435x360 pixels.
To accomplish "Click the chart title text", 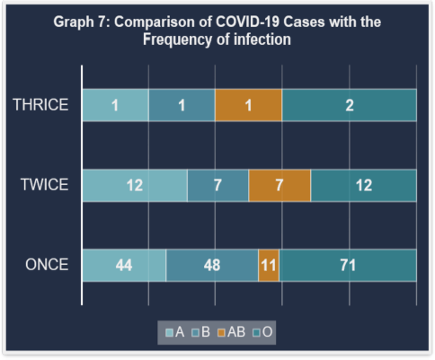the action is [x=217, y=31].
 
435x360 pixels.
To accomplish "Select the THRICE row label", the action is [x=40, y=105].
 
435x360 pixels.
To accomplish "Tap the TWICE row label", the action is [x=44, y=184].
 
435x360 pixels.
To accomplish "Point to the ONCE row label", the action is [x=47, y=265].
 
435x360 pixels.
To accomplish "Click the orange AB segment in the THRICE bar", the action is [x=248, y=105].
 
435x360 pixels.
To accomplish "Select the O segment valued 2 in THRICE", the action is [x=350, y=105].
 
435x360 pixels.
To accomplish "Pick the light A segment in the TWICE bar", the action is [x=135, y=185].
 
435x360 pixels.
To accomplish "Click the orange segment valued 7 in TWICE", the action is [x=280, y=185].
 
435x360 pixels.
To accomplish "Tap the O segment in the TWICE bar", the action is [x=364, y=185].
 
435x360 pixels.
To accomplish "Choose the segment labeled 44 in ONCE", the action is [x=124, y=265].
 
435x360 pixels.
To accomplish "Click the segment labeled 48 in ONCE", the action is [x=212, y=265].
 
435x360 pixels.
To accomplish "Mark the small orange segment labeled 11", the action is [x=269, y=265].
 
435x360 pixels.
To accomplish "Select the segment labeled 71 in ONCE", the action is [x=348, y=265].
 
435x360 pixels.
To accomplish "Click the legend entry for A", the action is [x=175, y=332].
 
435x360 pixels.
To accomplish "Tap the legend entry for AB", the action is [x=232, y=332].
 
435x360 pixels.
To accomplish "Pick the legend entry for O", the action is [x=262, y=332].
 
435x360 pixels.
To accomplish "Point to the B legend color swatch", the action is [x=196, y=333].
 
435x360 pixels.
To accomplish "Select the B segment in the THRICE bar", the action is [x=182, y=105].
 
